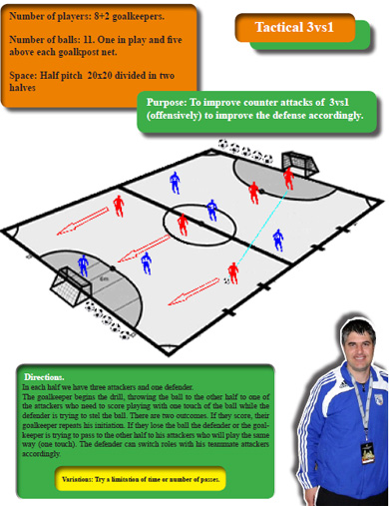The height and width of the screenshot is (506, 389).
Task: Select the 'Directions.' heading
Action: (x=44, y=377)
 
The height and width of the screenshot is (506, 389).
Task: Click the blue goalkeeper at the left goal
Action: (x=83, y=266)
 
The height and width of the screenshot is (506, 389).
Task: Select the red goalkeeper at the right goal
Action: (x=289, y=178)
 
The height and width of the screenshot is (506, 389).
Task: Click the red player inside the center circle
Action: (x=183, y=224)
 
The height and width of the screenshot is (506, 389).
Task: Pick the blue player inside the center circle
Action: (x=211, y=210)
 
